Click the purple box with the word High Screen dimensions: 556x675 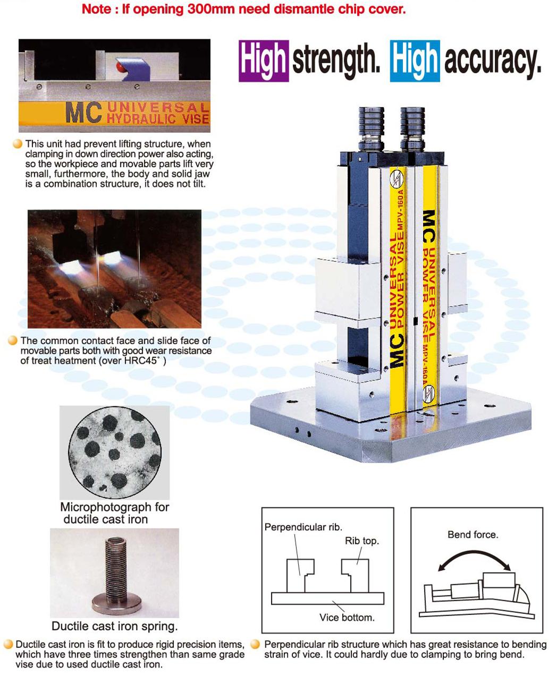[x=264, y=61]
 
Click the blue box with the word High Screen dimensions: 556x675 [x=415, y=61]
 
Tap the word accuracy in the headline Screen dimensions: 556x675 [x=493, y=61]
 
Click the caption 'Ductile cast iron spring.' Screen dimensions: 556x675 [x=115, y=626]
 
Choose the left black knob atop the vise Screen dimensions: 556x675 [x=371, y=129]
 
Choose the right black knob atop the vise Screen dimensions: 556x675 [x=412, y=129]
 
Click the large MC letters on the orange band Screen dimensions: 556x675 [x=83, y=112]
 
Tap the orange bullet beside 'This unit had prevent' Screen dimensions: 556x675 [x=18, y=144]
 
